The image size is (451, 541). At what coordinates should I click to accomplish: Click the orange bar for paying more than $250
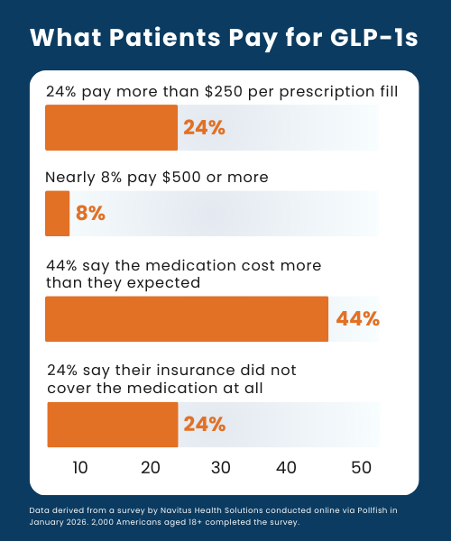point(111,127)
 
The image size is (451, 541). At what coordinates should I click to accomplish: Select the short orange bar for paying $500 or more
point(57,213)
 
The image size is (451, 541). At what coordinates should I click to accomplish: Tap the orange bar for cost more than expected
point(187,318)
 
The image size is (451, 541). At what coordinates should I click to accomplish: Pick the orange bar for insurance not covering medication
point(112,425)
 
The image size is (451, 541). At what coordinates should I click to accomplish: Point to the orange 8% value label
point(90,213)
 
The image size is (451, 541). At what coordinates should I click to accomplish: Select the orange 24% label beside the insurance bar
point(204,425)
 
